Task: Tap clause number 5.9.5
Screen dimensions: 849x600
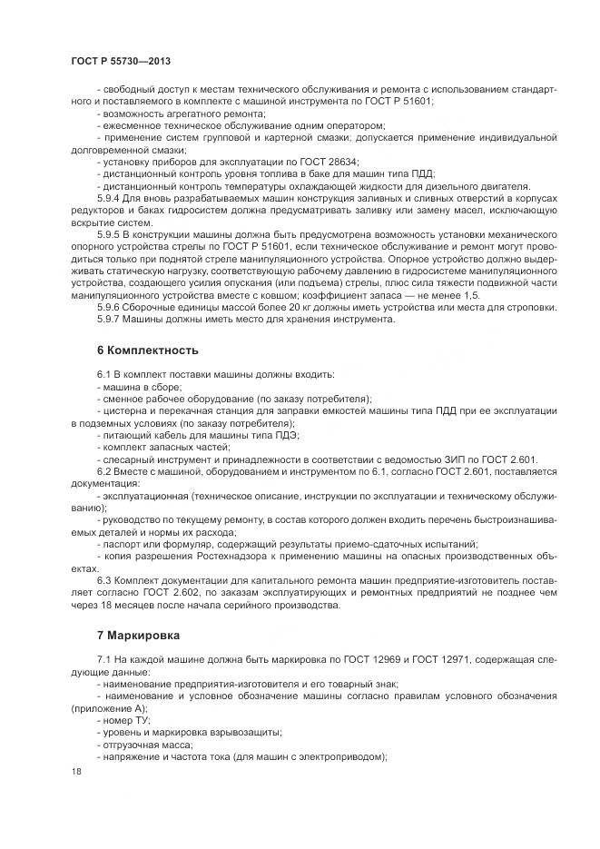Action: (110, 234)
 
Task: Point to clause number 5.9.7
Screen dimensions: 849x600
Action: (110, 320)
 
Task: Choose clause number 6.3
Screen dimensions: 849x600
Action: (103, 578)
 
